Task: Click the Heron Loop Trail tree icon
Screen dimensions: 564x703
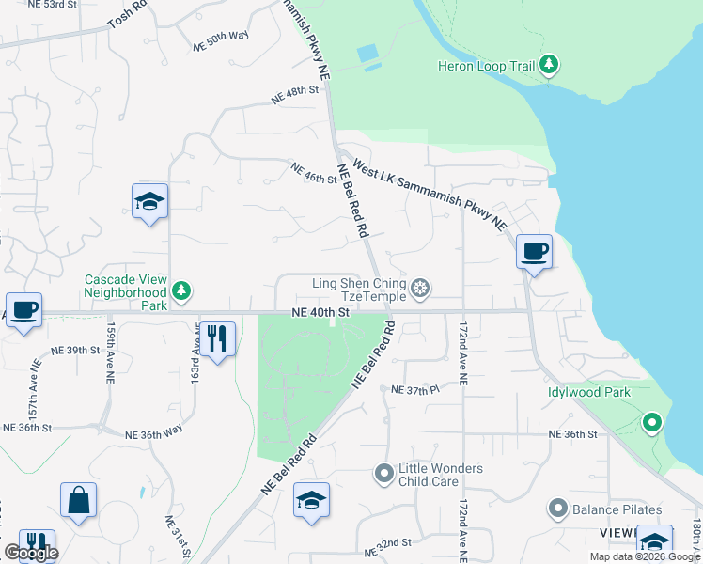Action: click(549, 66)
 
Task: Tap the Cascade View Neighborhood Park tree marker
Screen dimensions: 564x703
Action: click(182, 292)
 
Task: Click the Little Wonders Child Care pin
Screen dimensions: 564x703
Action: click(383, 475)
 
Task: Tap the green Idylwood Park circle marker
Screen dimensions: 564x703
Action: click(650, 424)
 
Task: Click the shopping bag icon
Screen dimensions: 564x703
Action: click(78, 502)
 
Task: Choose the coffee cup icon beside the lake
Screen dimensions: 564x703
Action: click(533, 252)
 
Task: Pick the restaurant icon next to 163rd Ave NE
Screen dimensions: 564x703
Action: click(217, 338)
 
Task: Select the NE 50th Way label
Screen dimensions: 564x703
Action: click(220, 40)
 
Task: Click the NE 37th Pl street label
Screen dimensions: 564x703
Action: click(414, 389)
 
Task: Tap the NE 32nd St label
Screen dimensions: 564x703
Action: click(391, 543)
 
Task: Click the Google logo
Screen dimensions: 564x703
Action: click(31, 553)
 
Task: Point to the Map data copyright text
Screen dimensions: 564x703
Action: click(644, 556)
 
